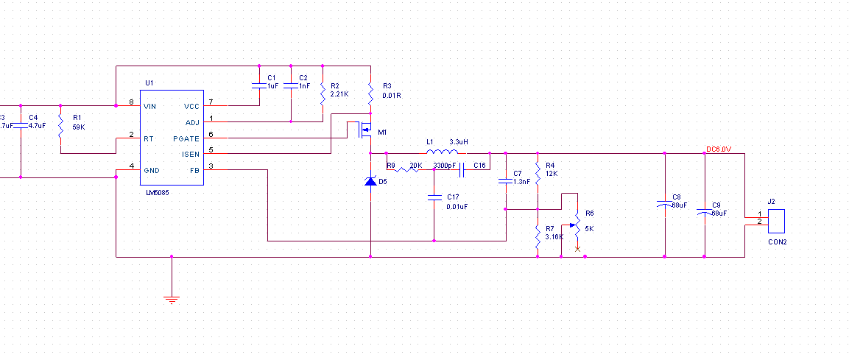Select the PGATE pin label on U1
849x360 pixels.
186,138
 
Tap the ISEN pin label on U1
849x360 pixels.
189,154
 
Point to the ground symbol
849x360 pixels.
172,299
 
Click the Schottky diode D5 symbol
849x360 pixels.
370,180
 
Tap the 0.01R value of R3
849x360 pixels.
392,96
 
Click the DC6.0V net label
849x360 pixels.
719,149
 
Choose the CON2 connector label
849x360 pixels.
778,241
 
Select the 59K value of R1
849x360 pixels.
80,127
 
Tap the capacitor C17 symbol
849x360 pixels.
434,197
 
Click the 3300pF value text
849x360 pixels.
445,166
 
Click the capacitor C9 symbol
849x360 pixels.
705,212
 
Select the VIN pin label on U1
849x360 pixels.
150,106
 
